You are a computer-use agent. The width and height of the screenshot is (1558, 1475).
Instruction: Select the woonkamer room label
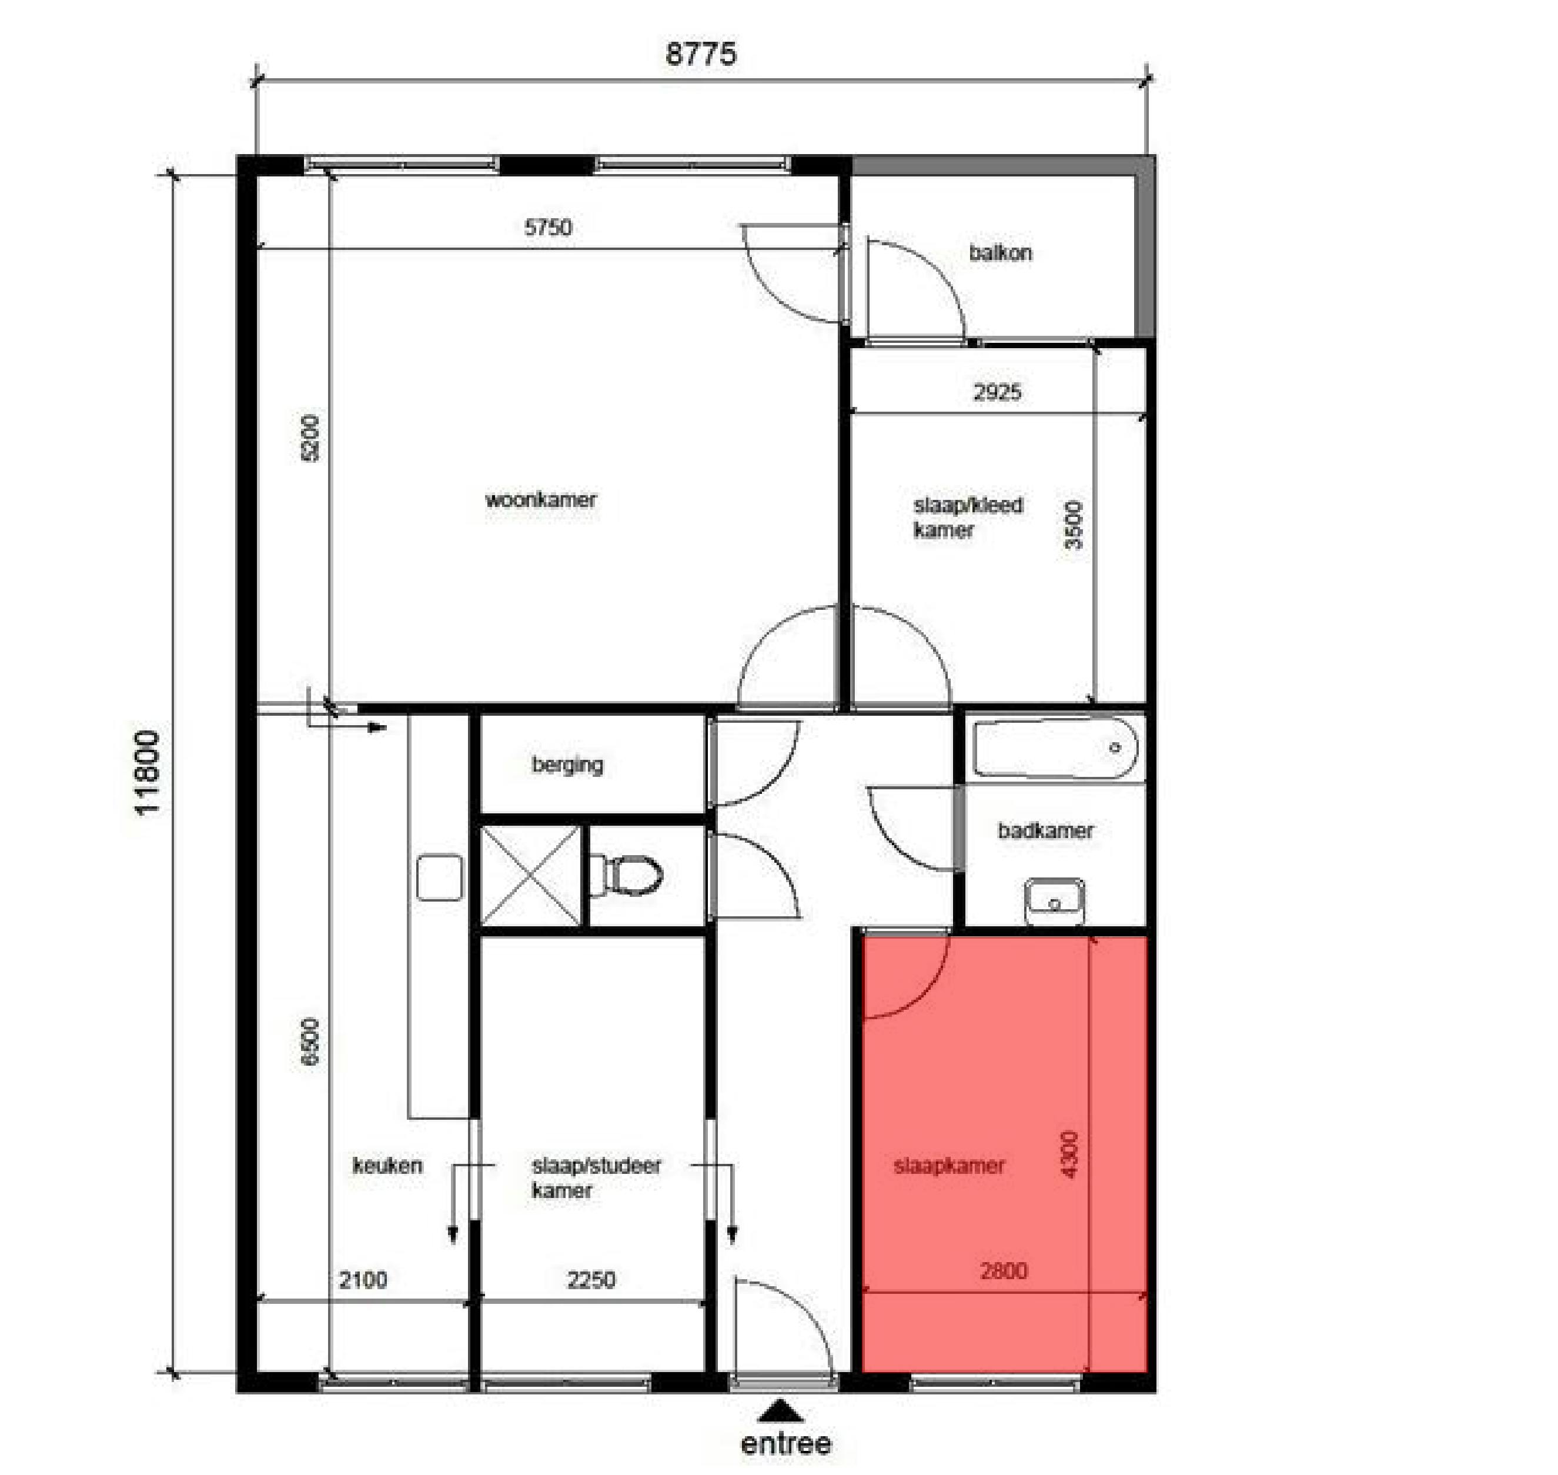(541, 499)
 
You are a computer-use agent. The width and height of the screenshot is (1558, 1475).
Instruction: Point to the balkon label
(1000, 252)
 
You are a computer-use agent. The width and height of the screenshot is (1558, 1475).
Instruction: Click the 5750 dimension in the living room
(548, 227)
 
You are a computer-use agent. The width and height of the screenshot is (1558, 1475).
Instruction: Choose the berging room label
(567, 764)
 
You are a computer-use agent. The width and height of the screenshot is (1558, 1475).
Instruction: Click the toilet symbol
(627, 875)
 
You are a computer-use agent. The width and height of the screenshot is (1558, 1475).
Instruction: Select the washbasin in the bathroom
(1055, 901)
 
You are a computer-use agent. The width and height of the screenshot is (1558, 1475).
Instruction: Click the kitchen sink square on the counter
(439, 877)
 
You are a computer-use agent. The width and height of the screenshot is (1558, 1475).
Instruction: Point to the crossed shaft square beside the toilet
(530, 875)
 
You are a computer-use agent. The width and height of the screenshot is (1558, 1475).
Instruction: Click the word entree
(786, 1444)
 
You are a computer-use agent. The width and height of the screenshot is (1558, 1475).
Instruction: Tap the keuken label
(387, 1165)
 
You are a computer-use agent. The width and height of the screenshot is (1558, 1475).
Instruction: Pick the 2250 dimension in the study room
(591, 1280)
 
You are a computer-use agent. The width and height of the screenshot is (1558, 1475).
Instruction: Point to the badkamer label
(1045, 830)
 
